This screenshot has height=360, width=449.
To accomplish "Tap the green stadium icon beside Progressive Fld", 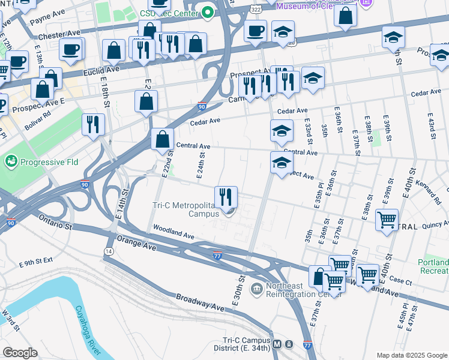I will point(11,161).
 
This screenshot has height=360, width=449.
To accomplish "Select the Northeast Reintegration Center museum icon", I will point(256,290).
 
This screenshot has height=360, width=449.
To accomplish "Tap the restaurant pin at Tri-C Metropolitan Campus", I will point(226,196).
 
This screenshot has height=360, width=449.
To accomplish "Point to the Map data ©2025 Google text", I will point(412,355).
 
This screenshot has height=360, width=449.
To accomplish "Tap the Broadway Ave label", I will point(200,302).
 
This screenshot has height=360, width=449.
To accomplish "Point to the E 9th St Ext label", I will point(36,263).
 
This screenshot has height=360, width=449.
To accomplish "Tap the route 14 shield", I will point(109,251).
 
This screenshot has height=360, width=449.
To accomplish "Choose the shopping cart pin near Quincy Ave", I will point(387,220).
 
